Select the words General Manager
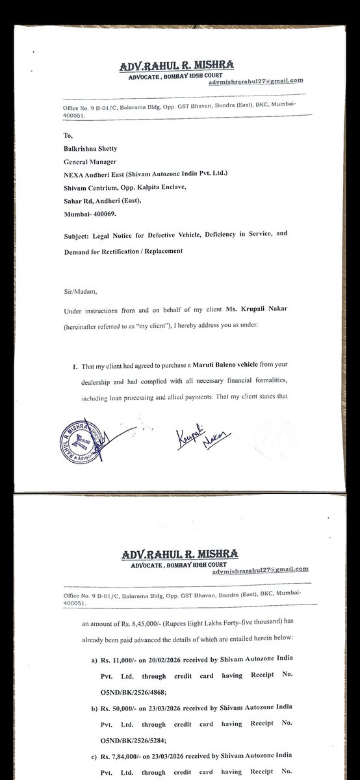tap(92, 162)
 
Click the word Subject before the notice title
tap(81, 239)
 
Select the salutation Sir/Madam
tap(78, 292)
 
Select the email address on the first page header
tap(256, 82)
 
